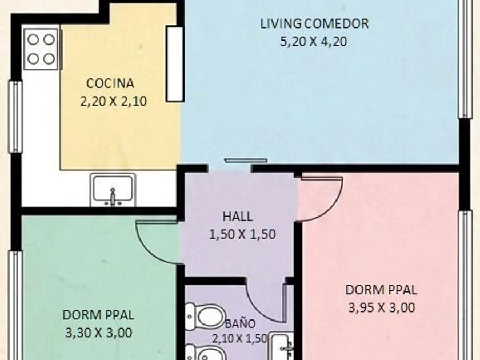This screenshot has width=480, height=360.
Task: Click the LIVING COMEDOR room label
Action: (x=314, y=23)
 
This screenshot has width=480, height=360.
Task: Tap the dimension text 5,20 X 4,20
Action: (x=314, y=41)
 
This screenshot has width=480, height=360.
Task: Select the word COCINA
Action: (x=110, y=83)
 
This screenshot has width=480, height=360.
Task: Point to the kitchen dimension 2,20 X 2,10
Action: (x=113, y=101)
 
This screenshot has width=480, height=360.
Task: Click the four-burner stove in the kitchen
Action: (x=41, y=49)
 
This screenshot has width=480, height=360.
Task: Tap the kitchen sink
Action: (x=113, y=190)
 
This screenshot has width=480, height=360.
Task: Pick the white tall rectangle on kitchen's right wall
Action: (x=175, y=64)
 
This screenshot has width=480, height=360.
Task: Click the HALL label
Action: (x=238, y=217)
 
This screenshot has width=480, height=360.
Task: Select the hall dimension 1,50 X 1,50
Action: (x=242, y=234)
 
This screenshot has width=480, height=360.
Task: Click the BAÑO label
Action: (x=241, y=323)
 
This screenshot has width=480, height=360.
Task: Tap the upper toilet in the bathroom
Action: (x=205, y=316)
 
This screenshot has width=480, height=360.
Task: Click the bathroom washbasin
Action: (x=282, y=346)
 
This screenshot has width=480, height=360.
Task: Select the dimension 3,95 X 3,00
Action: (x=382, y=307)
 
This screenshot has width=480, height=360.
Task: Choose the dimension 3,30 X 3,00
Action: (x=99, y=333)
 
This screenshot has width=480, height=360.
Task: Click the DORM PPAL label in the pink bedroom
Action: (x=381, y=290)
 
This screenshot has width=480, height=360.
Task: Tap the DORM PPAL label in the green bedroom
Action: (x=98, y=315)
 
